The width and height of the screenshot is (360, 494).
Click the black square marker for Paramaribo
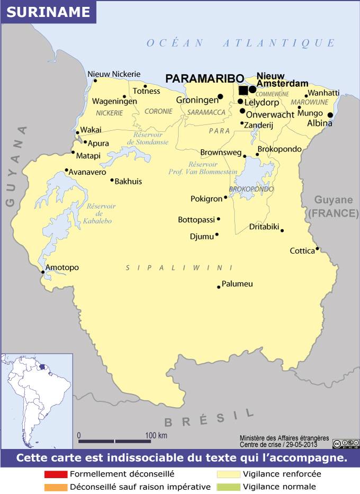(x=243, y=90)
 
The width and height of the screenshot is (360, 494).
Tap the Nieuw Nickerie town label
(x=114, y=74)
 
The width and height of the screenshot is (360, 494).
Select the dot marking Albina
(x=330, y=115)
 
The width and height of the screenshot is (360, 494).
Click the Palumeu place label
(x=237, y=284)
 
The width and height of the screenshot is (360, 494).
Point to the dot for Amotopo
(x=43, y=272)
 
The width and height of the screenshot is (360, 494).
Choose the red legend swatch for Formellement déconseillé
(x=56, y=474)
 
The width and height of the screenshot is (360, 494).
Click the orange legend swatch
(x=56, y=487)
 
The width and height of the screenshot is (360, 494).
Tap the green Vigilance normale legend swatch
(x=228, y=487)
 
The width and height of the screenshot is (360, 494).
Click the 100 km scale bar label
(x=156, y=435)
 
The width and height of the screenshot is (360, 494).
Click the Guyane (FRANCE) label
(x=334, y=206)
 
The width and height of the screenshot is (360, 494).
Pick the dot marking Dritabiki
(x=282, y=230)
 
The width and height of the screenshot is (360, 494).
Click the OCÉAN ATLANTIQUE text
(x=241, y=43)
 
